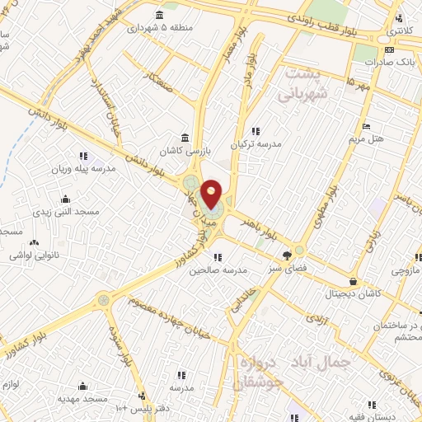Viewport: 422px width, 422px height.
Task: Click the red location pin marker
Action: point(211,193)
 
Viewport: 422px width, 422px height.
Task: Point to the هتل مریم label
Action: point(366,138)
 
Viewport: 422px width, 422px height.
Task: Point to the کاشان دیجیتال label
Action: point(354,293)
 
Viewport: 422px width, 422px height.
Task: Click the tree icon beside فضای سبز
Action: point(287,256)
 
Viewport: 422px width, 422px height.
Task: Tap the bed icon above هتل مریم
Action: point(366,126)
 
